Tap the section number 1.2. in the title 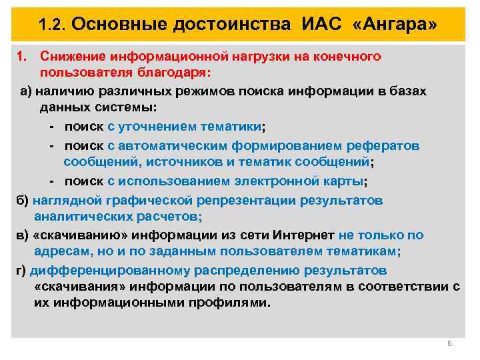(x=52, y=25)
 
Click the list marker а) (x=25, y=91)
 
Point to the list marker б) (x=21, y=200)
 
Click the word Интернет (x=304, y=235)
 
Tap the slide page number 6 (x=449, y=343)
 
